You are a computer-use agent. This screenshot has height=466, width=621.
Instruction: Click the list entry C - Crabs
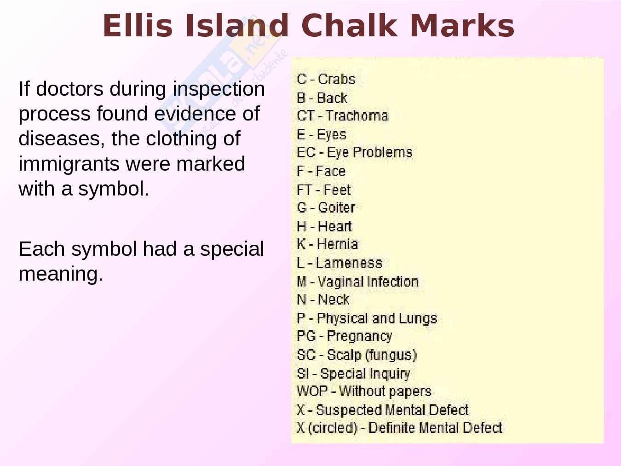326,79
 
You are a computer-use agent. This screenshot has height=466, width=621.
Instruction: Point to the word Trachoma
357,116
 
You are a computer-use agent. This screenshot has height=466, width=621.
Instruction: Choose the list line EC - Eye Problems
355,153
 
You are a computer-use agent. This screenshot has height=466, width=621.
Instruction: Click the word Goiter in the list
337,207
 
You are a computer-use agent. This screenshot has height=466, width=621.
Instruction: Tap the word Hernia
338,244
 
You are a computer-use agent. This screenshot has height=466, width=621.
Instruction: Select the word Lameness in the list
349,263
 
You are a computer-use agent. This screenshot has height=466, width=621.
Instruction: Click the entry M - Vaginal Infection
357,282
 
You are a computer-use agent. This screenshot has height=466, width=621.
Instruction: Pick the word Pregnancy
360,336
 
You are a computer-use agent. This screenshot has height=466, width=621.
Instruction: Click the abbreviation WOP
312,391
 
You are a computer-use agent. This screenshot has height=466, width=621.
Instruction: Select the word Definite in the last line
392,428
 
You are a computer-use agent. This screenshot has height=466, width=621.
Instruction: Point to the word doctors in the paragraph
70,89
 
